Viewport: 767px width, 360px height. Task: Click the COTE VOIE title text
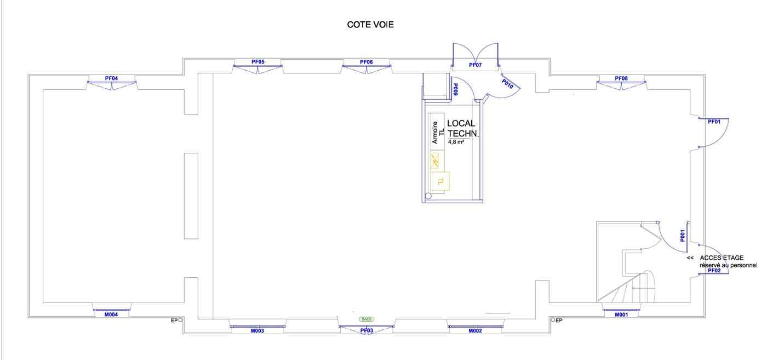[370, 25]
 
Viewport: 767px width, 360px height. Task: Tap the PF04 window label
[111, 78]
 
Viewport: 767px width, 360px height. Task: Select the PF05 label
[258, 62]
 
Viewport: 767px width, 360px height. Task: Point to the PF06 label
[366, 62]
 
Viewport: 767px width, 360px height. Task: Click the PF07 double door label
[476, 65]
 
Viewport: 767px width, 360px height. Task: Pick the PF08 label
[621, 78]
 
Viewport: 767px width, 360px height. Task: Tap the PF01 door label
[714, 122]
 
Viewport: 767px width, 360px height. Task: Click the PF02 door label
[714, 270]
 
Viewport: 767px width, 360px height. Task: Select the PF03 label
[367, 330]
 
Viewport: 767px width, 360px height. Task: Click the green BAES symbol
[367, 319]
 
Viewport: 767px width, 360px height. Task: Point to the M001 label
[621, 315]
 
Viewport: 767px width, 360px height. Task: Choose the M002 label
[476, 330]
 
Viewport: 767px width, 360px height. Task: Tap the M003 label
[257, 330]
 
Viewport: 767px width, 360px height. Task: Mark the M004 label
[111, 315]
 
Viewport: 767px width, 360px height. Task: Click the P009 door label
[455, 89]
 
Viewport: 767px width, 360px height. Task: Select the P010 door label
[507, 84]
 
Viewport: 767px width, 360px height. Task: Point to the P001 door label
[683, 236]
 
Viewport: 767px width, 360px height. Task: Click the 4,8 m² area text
[456, 142]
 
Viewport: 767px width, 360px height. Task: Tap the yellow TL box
[440, 181]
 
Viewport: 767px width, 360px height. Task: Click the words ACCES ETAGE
[722, 258]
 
